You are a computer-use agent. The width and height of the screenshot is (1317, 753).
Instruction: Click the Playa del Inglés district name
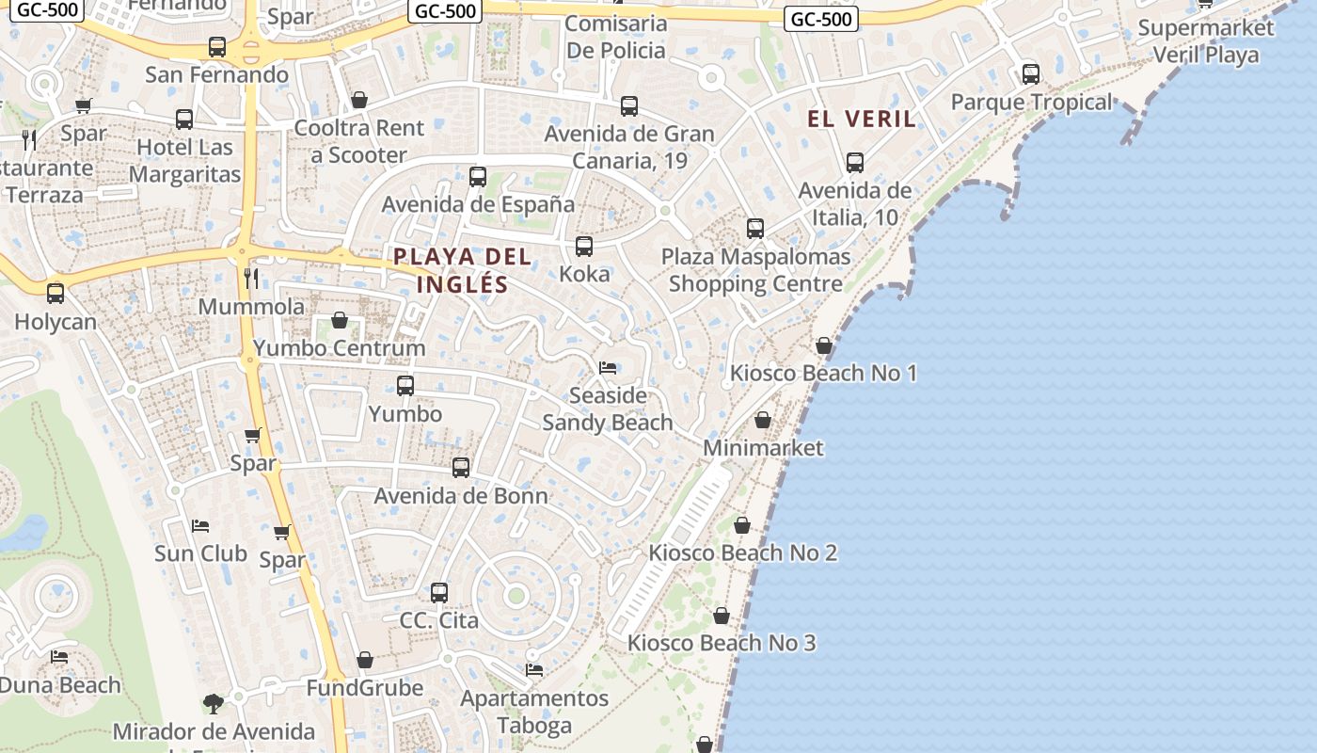462,269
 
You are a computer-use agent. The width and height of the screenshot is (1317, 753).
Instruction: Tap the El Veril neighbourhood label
861,119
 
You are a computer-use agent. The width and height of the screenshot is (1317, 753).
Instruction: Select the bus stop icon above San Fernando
217,47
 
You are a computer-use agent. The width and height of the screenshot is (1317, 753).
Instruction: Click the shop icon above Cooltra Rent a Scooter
359,100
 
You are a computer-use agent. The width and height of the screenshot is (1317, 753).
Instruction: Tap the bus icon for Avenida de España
478,177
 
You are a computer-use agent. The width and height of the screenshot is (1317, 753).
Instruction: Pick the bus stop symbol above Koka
584,247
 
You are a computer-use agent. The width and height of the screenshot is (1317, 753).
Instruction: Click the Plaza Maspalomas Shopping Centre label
755,270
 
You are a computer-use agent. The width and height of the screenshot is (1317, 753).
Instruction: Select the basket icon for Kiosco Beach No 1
824,346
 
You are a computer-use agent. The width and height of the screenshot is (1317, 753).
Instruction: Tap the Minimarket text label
763,448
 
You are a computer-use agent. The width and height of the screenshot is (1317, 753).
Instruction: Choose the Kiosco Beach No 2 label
742,553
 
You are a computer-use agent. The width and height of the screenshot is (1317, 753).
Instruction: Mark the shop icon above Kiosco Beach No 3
722,617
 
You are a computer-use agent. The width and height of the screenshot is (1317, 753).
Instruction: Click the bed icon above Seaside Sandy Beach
608,368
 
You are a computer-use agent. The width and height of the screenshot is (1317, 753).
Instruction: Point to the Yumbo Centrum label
340,348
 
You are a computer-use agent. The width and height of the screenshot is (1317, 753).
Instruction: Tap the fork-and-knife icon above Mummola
251,278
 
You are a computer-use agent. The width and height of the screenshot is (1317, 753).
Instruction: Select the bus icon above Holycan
56,294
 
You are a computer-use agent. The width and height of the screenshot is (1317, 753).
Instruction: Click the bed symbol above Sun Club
200,525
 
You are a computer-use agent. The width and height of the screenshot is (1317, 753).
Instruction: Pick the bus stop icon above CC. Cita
439,593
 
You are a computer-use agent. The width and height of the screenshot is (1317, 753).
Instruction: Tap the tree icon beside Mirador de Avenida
214,703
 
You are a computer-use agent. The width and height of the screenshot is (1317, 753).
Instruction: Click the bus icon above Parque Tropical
1031,73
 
